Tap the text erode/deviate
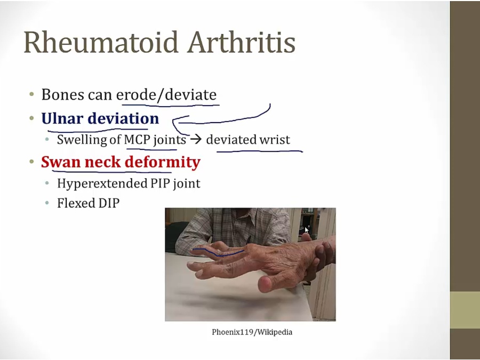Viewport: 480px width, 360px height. pyautogui.click(x=166, y=95)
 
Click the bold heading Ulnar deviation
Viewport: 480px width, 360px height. pyautogui.click(x=100, y=118)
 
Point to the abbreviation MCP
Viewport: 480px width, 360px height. pyautogui.click(x=137, y=140)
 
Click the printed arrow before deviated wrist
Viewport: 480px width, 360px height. pyautogui.click(x=196, y=140)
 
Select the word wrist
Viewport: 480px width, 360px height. pyautogui.click(x=275, y=140)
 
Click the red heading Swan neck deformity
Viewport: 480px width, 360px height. pyautogui.click(x=121, y=162)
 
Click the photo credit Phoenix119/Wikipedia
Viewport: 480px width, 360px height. pyautogui.click(x=252, y=332)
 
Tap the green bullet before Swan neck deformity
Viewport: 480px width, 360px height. pyautogui.click(x=31, y=162)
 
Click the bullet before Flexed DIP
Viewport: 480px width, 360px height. pyautogui.click(x=47, y=204)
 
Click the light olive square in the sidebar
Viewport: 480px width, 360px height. pyautogui.click(x=465, y=310)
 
